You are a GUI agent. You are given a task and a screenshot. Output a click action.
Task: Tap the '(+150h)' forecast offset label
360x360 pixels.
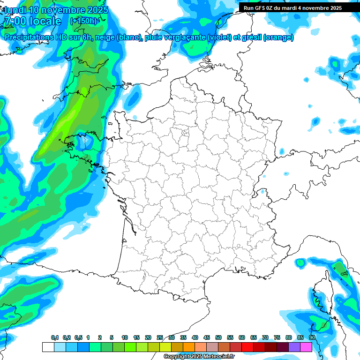coord(83,21)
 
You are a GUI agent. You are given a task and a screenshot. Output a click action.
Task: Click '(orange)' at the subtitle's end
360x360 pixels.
coord(278,38)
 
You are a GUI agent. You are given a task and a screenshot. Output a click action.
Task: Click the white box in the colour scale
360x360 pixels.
coord(48,347)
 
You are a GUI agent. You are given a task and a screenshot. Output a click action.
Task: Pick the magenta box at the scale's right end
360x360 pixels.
coord(306,347)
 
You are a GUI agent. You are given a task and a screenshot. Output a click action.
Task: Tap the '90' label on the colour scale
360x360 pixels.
coord(312,337)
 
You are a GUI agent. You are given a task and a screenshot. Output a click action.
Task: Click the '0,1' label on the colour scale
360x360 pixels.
coord(55,337)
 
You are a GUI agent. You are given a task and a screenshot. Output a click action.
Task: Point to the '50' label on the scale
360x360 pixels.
coord(218,337)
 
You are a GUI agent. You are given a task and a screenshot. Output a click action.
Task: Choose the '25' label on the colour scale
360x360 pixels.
coord(160,337)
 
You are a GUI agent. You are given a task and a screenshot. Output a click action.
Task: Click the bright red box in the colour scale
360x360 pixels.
coord(247,347)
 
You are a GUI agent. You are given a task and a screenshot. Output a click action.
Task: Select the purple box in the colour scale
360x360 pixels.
coord(294,347)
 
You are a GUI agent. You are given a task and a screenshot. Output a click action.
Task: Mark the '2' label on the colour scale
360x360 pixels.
coord(100,337)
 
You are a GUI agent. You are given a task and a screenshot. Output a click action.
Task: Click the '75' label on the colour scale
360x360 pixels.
coord(277,337)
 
